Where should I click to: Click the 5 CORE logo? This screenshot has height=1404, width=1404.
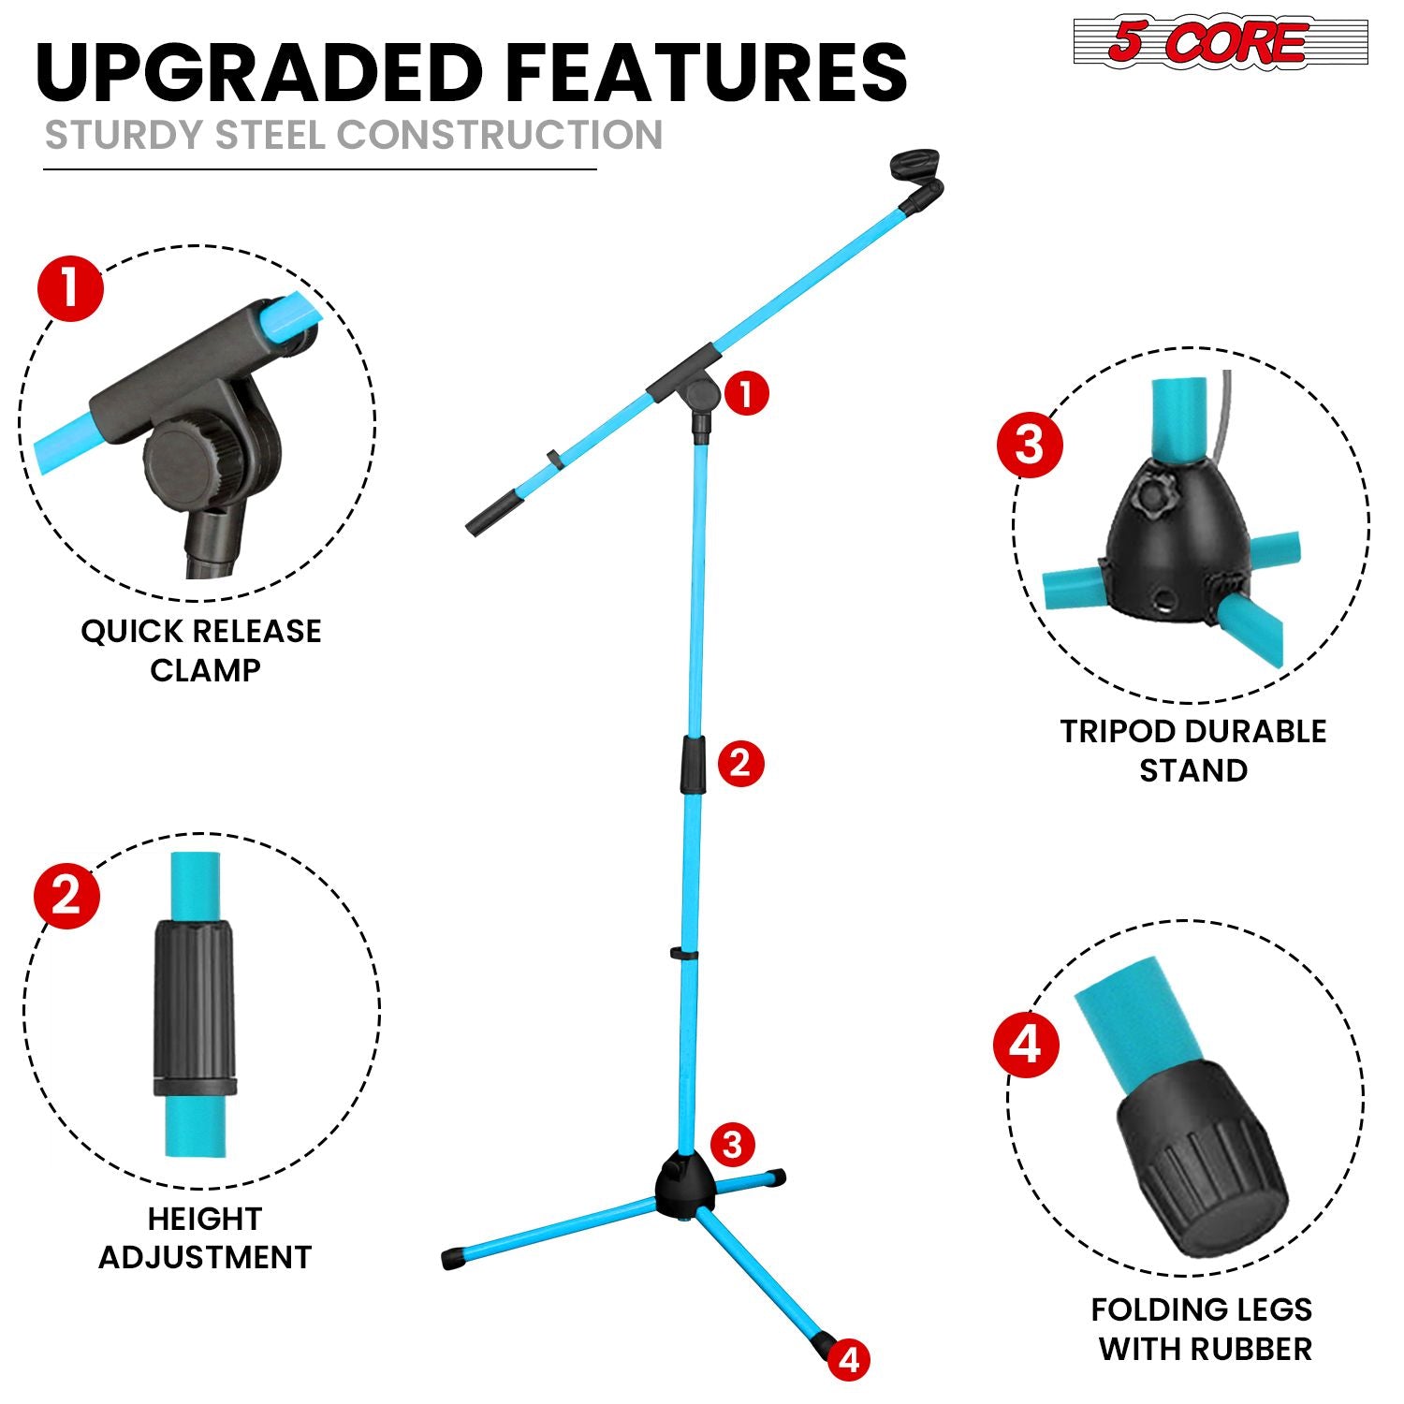click(x=1221, y=43)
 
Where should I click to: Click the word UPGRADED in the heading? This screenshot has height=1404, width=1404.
click(x=258, y=72)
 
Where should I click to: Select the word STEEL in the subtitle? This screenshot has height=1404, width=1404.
click(x=270, y=135)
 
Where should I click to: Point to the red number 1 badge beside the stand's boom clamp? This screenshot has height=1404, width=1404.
click(x=746, y=394)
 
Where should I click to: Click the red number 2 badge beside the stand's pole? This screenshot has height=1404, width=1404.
click(x=740, y=763)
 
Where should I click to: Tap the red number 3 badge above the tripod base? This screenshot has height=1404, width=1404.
click(x=732, y=1144)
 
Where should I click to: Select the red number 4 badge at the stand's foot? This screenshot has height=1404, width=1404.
click(x=848, y=1359)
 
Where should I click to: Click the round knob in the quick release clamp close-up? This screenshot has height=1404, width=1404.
click(x=192, y=464)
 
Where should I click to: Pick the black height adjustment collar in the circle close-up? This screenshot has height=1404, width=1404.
click(x=195, y=1007)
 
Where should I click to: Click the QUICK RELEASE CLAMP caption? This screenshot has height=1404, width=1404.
click(x=201, y=650)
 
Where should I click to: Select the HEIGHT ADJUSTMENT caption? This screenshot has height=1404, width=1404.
click(x=205, y=1237)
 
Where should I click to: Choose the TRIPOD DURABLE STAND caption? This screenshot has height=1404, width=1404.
click(x=1193, y=751)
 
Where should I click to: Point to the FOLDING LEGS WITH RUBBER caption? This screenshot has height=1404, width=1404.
click(x=1203, y=1329)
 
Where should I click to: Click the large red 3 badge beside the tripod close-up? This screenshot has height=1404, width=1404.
click(x=1030, y=444)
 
